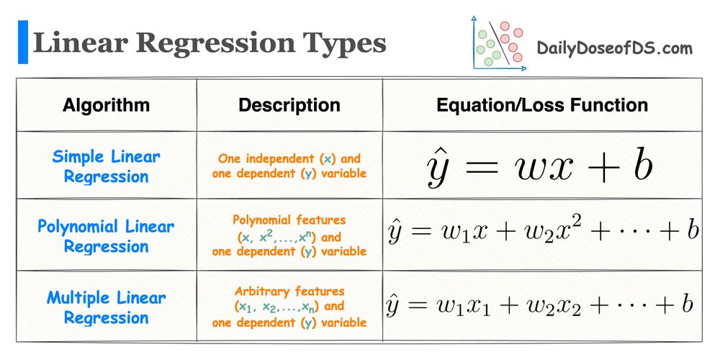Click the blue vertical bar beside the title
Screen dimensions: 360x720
pyautogui.click(x=23, y=42)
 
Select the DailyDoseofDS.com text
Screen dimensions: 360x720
pyautogui.click(x=615, y=49)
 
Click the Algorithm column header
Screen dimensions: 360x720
pyautogui.click(x=107, y=105)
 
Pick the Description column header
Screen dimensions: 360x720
pyautogui.click(x=289, y=105)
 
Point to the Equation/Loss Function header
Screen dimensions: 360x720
pyautogui.click(x=542, y=105)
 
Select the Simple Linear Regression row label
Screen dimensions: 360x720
pyautogui.click(x=107, y=166)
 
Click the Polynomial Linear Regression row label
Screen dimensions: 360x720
pyautogui.click(x=107, y=236)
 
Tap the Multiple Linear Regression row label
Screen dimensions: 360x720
pyautogui.click(x=107, y=307)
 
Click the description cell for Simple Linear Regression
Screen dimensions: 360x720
pyautogui.click(x=289, y=166)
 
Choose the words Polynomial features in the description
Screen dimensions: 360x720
pyautogui.click(x=289, y=220)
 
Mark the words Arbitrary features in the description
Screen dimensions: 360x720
pyautogui.click(x=289, y=292)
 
